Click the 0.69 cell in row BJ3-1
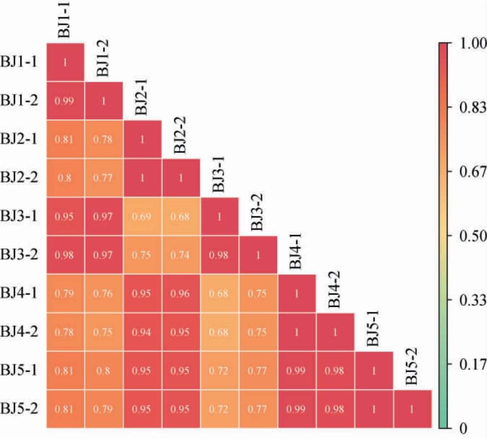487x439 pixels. tap(142, 216)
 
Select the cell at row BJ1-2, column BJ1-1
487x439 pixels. tap(65, 101)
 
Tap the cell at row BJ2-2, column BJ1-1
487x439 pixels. tap(65, 178)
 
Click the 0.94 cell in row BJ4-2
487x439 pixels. tap(142, 332)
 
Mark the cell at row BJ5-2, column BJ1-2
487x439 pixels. tap(104, 409)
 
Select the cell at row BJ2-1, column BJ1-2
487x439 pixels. tap(104, 139)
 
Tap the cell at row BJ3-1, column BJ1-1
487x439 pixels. tap(65, 216)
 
